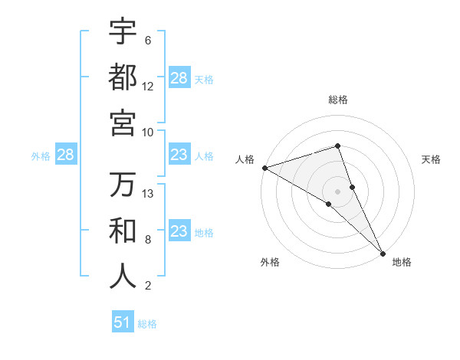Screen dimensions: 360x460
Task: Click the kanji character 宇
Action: point(123,31)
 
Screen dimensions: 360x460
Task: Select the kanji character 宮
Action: point(123,123)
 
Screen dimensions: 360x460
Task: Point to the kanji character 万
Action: point(123,185)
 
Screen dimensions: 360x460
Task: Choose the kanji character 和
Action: point(123,231)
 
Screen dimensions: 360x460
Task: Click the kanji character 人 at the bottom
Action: point(123,277)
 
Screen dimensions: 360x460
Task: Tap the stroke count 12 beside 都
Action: point(148,87)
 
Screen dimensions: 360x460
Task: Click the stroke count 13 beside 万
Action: point(148,194)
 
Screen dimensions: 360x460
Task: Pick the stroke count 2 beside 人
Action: point(147,286)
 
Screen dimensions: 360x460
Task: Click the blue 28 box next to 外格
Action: point(66,155)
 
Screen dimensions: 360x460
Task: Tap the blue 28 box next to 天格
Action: point(179,77)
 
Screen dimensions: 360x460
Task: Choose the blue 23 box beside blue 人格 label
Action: point(179,155)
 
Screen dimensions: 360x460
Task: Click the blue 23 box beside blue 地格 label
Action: point(179,231)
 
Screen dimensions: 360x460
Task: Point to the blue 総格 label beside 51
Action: point(147,324)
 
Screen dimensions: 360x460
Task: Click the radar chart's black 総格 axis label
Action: point(338,100)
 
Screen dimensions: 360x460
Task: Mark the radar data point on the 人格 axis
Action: point(264,168)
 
